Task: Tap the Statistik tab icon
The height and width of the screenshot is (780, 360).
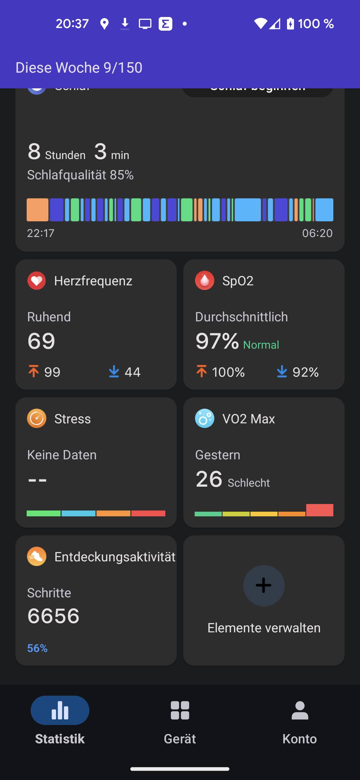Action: pyautogui.click(x=60, y=710)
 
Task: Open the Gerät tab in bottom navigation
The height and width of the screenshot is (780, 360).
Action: pyautogui.click(x=180, y=710)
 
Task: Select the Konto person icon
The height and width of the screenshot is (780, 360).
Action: pyautogui.click(x=300, y=710)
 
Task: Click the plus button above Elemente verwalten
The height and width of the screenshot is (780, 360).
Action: pyautogui.click(x=264, y=585)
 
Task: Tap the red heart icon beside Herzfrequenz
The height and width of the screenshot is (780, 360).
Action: pyautogui.click(x=37, y=281)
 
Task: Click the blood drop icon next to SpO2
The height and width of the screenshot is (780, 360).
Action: pyautogui.click(x=205, y=281)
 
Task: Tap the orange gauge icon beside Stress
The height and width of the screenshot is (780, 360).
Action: pyautogui.click(x=37, y=419)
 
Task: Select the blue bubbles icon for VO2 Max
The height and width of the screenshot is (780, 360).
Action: pyautogui.click(x=205, y=419)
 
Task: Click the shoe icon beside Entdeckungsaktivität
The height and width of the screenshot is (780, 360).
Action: pyautogui.click(x=37, y=556)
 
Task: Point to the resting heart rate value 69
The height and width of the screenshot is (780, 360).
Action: pyautogui.click(x=41, y=341)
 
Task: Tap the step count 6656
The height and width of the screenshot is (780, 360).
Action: pyautogui.click(x=53, y=616)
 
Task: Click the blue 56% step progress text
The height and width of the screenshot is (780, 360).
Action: pyautogui.click(x=37, y=648)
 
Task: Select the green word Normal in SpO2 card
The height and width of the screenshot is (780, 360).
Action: pyautogui.click(x=261, y=345)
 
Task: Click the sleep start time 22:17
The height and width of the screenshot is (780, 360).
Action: pyautogui.click(x=41, y=233)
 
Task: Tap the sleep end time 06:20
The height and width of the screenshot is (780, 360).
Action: pyautogui.click(x=317, y=233)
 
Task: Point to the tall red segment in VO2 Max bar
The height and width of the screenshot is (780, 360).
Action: pyautogui.click(x=320, y=510)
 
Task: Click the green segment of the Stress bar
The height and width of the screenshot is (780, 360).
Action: pyautogui.click(x=44, y=513)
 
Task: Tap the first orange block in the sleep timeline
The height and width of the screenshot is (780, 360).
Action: pyautogui.click(x=38, y=210)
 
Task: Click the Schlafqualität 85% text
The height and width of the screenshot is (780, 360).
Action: pyautogui.click(x=80, y=175)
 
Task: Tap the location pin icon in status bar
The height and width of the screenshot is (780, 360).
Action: pyautogui.click(x=104, y=24)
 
